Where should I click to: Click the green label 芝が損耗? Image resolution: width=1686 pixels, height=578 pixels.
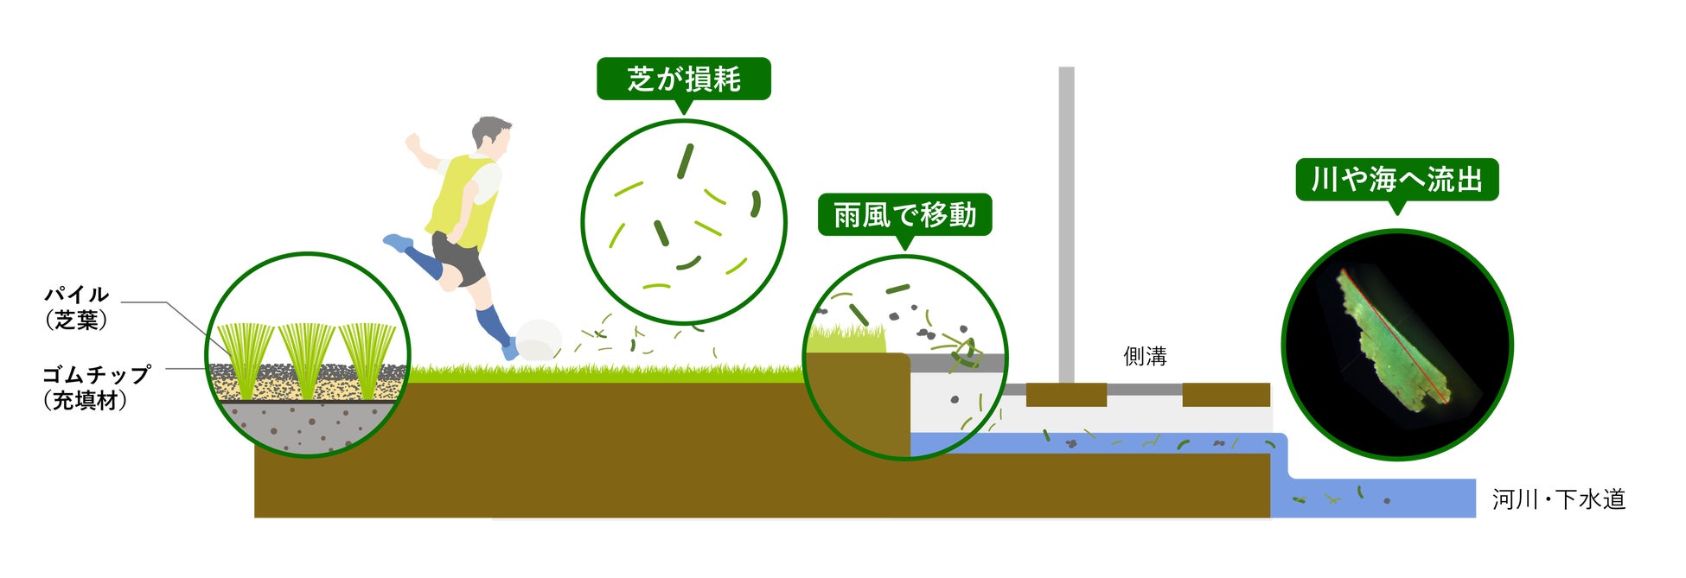click(x=683, y=79)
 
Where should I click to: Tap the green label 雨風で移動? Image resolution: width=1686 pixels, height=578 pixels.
click(x=904, y=215)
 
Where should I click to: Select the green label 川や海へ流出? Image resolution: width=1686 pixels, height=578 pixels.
click(x=1396, y=180)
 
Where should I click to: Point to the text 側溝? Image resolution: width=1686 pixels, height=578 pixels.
click(x=1145, y=356)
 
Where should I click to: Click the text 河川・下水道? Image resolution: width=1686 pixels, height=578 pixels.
click(x=1558, y=499)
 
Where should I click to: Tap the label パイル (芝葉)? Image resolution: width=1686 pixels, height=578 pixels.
click(x=76, y=307)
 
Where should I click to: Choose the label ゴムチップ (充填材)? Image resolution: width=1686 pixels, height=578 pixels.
click(x=95, y=387)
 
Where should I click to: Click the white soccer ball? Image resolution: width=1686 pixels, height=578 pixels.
click(x=538, y=340)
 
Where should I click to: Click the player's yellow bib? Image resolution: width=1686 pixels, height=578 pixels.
click(x=463, y=201)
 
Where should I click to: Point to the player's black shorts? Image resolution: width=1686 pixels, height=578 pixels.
click(x=458, y=257)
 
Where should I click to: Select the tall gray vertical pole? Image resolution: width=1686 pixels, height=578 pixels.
click(x=1066, y=225)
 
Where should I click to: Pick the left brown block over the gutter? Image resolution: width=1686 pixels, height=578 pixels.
click(x=1066, y=395)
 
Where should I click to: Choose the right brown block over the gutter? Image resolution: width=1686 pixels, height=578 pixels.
click(x=1225, y=395)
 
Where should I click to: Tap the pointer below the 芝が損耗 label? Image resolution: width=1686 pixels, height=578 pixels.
click(x=684, y=107)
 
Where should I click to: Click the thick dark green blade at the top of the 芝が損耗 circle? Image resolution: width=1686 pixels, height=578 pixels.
click(x=685, y=161)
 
